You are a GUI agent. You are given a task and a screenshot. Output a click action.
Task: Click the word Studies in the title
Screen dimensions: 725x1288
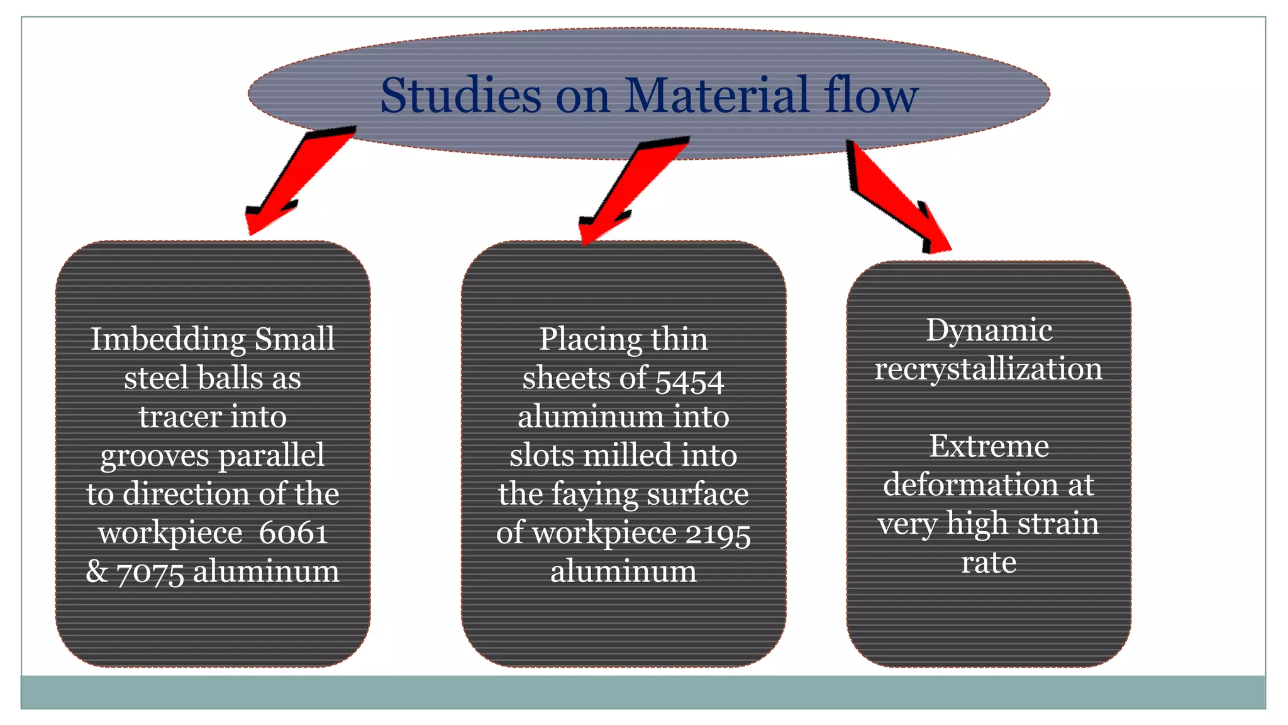460,96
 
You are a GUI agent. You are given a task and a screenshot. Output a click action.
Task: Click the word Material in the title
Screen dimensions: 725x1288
716,96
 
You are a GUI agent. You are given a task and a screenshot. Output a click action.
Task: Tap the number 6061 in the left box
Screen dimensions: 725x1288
293,533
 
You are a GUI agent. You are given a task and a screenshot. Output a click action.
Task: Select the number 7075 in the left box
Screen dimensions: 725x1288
150,573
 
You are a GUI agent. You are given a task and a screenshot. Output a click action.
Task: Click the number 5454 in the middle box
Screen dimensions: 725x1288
689,380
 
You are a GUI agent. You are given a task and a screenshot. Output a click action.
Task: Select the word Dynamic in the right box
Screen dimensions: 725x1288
989,330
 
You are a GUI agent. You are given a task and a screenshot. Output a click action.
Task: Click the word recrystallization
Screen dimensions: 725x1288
989,369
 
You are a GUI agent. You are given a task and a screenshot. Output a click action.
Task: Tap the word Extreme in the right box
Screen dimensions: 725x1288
989,447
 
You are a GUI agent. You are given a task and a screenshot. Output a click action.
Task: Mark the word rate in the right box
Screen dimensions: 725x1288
989,562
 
